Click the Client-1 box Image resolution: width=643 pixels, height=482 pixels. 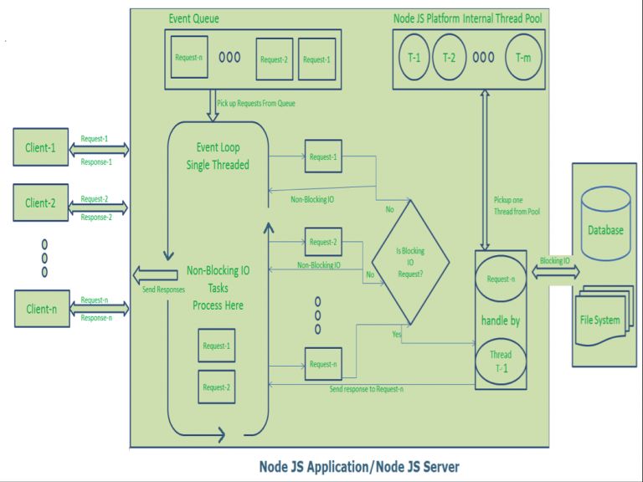pyautogui.click(x=40, y=148)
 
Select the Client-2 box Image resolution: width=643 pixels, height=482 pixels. pyautogui.click(x=40, y=203)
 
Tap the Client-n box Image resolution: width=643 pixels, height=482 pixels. pyautogui.click(x=40, y=309)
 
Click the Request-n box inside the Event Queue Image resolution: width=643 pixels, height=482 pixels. pyautogui.click(x=188, y=57)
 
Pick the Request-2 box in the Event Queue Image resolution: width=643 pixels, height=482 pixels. pyautogui.click(x=274, y=59)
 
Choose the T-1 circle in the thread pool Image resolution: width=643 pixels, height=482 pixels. pyautogui.click(x=414, y=58)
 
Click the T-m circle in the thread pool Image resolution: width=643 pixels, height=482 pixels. pyautogui.click(x=523, y=58)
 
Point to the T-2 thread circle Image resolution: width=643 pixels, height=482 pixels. pyautogui.click(x=450, y=58)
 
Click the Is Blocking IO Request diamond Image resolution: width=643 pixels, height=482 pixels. pyautogui.click(x=410, y=261)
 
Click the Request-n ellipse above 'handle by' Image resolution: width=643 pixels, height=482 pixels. pyautogui.click(x=501, y=279)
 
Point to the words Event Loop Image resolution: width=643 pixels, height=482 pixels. pyautogui.click(x=218, y=147)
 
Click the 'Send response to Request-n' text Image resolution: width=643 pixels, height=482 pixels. pyautogui.click(x=366, y=388)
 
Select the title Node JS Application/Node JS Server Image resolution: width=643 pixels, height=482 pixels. pyautogui.click(x=358, y=466)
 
